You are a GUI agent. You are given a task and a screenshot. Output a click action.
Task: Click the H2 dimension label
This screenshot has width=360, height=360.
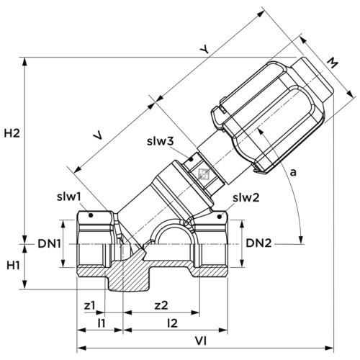pos(12,133)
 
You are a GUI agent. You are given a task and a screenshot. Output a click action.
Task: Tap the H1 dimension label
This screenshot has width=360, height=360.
pos(13,266)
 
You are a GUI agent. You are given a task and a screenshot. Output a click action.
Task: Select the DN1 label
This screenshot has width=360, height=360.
pos(49,244)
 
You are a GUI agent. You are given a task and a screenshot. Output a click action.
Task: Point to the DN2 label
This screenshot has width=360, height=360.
pos(258,243)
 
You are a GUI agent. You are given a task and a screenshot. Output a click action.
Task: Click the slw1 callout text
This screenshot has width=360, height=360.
pos(69,197)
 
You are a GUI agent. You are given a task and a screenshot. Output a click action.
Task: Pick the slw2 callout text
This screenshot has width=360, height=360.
pos(246,198)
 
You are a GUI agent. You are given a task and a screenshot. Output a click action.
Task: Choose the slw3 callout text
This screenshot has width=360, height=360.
pos(161,141)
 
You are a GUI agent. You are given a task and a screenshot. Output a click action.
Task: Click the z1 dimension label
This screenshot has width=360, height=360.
pos(90,305)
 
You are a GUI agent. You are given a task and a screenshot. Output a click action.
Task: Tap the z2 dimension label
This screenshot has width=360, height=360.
pos(161,305)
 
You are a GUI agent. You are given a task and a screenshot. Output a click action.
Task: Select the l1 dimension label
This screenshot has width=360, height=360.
pos(102,323)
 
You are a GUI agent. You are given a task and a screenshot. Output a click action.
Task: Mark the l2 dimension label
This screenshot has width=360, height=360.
pos(172,323)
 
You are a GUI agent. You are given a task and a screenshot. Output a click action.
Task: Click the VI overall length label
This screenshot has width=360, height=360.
pos(200,341)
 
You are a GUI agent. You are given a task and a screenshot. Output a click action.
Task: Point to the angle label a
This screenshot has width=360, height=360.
pos(293,172)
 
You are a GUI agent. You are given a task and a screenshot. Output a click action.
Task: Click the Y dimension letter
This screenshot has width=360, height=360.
pos(204,50)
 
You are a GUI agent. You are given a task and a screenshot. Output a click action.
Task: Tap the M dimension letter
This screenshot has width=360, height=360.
pos(333,63)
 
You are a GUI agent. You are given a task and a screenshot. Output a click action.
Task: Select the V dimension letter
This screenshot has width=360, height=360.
pos(99,135)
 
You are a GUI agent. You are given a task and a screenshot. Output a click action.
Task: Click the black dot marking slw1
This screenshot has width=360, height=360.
pos(91,215)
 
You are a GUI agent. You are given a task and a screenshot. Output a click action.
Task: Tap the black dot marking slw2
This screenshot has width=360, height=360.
pos(219,217)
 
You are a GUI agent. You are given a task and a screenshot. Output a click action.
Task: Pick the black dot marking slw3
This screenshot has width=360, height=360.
pos(192,159)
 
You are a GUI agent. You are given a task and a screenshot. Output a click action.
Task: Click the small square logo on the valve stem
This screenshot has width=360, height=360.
pos(204,174)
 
